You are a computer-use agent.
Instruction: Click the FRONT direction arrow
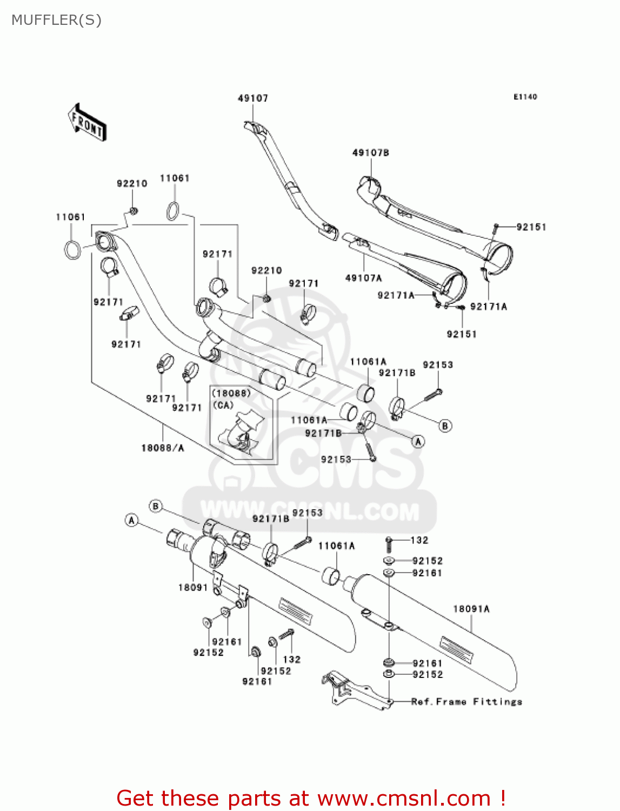point(87,122)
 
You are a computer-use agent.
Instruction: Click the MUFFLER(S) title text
point(56,20)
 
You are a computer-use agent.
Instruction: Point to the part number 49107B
point(370,153)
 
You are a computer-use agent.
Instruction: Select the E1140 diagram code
point(525,97)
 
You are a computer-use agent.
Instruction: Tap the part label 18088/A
point(163,448)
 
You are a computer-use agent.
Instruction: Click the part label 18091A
point(471,609)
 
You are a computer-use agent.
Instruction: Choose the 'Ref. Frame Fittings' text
point(466,702)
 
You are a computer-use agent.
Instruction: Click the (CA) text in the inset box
point(223,405)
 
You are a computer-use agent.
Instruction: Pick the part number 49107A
point(363,278)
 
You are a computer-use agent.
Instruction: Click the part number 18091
point(193,587)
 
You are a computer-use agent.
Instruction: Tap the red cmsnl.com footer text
point(311,798)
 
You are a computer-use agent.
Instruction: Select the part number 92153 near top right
point(437,365)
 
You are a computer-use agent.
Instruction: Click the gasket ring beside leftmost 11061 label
point(73,250)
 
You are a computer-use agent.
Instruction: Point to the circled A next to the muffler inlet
point(131,520)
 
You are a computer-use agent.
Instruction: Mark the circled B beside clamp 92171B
point(445,426)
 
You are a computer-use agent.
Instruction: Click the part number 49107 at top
point(252,98)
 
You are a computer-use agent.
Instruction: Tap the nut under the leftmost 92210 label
point(133,210)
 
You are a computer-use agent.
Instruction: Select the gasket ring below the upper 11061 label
point(173,211)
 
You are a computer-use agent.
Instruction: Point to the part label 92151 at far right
point(531,227)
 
